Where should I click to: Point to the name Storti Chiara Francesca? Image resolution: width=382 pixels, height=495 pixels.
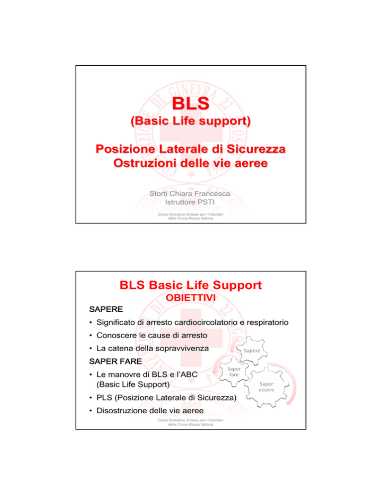pos(191,192)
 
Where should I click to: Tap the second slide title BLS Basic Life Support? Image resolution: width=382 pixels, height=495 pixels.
pos(191,286)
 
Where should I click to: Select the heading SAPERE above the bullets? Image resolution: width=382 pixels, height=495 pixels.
pos(104,311)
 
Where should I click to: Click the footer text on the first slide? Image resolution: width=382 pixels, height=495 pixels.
pos(191,219)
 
